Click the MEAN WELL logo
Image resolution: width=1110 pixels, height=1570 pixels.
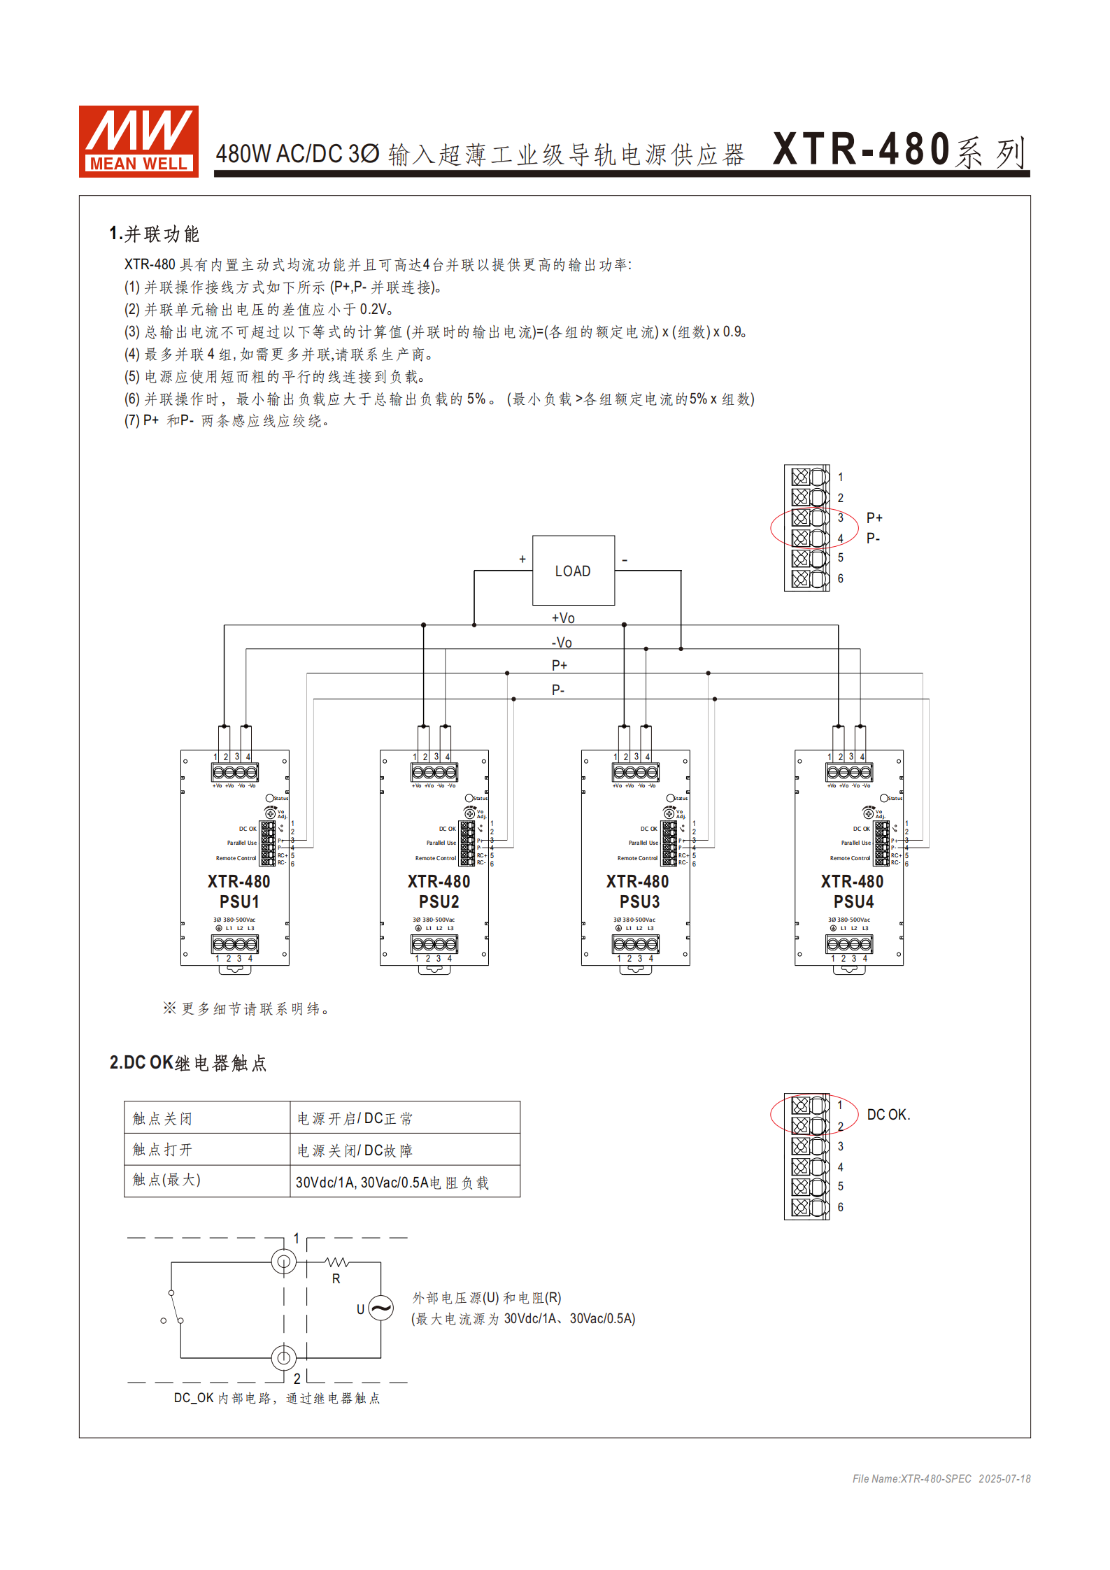(x=138, y=141)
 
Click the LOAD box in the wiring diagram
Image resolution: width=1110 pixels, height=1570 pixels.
(x=573, y=571)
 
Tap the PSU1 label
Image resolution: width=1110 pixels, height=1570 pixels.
(x=239, y=901)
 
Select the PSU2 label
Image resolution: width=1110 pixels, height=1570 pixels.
(x=439, y=901)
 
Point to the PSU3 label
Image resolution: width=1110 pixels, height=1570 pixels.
(x=639, y=901)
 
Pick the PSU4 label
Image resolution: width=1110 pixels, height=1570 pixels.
(x=853, y=901)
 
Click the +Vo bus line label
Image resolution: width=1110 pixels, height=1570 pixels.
(x=563, y=618)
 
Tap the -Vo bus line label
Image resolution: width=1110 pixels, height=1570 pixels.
(x=562, y=643)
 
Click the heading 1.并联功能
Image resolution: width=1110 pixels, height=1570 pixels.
(x=154, y=234)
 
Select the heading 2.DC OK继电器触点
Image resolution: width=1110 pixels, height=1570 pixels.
(x=187, y=1063)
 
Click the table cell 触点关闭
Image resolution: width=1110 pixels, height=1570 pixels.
(x=162, y=1118)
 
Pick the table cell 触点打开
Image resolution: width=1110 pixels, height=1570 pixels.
(x=162, y=1150)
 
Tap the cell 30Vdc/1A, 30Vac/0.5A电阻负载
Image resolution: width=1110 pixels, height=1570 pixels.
(x=392, y=1182)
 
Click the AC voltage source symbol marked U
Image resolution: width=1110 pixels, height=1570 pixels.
(x=380, y=1307)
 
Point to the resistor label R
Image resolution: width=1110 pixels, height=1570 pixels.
(x=336, y=1278)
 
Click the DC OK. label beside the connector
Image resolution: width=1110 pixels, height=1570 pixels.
(x=888, y=1115)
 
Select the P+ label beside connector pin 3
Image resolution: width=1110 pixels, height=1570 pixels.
(x=874, y=518)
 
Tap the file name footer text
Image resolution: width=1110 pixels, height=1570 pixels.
(x=941, y=1478)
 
